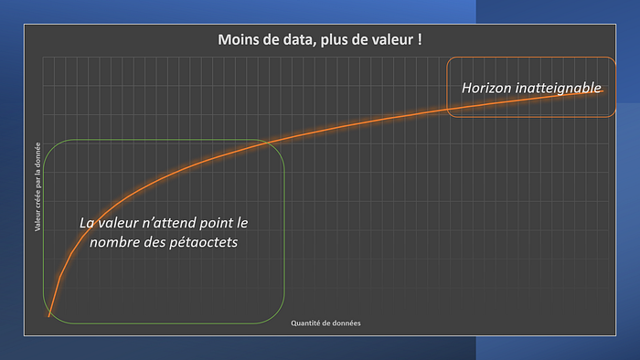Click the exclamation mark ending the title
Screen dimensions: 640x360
point(420,39)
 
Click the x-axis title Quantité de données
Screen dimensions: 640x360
point(325,323)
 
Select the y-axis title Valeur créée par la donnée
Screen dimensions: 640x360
point(37,186)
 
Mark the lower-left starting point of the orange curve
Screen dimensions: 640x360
point(49,316)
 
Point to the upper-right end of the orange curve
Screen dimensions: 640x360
point(603,91)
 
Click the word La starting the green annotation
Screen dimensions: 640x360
point(87,223)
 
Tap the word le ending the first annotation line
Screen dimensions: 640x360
point(242,223)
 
